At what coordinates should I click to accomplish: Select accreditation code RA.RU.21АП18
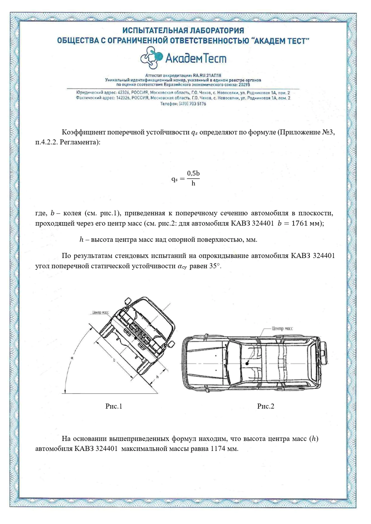pyautogui.click(x=207, y=75)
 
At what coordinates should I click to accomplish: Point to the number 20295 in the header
pyautogui.click(x=244, y=84)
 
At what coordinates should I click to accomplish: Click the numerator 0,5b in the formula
pyautogui.click(x=193, y=173)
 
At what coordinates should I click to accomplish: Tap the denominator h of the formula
pyautogui.click(x=193, y=184)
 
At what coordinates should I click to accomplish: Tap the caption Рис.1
pyautogui.click(x=114, y=406)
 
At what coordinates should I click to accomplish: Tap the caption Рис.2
pyautogui.click(x=266, y=406)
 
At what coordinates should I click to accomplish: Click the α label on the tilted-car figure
pyautogui.click(x=72, y=358)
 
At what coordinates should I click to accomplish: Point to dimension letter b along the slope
pyautogui.click(x=114, y=360)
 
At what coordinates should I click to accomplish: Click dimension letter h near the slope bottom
pyautogui.click(x=157, y=377)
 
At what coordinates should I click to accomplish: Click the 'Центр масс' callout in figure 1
pyautogui.click(x=100, y=312)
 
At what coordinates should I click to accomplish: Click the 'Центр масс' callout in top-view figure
pyautogui.click(x=282, y=328)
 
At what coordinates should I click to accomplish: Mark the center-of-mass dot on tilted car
pyautogui.click(x=135, y=338)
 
